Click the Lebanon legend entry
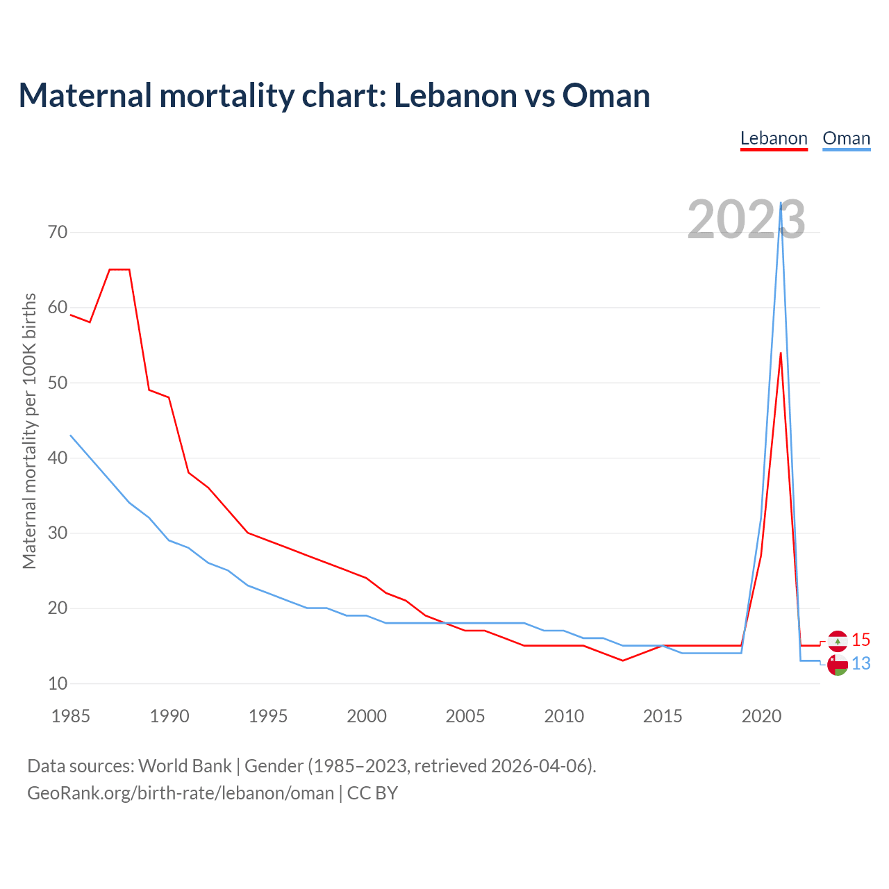click(774, 138)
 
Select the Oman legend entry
click(846, 138)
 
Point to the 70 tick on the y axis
click(58, 232)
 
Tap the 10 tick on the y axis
click(58, 683)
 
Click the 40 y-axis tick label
click(58, 458)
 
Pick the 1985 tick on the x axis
click(71, 716)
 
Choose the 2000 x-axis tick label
click(367, 716)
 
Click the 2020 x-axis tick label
click(761, 716)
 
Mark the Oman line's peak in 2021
click(781, 203)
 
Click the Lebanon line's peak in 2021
click(781, 354)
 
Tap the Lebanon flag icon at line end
click(838, 641)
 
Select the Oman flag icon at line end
click(838, 665)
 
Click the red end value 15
click(861, 640)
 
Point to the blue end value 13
click(861, 664)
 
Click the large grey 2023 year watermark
click(746, 220)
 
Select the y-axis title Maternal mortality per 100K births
click(29, 431)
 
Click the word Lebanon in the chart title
click(454, 95)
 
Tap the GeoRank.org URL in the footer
click(181, 793)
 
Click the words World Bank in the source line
click(185, 766)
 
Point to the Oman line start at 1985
click(71, 435)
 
